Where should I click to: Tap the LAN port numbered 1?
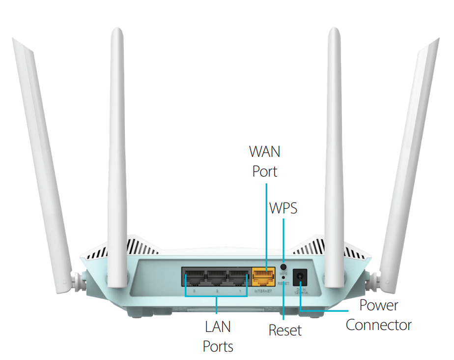click(239, 278)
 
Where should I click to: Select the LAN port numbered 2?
click(216, 278)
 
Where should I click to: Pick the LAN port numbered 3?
click(194, 278)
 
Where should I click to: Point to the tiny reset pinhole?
click(284, 277)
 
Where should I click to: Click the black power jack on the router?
click(299, 279)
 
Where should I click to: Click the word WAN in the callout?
click(265, 151)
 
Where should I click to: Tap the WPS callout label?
click(284, 208)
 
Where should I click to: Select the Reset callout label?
click(285, 330)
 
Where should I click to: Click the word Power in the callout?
click(379, 305)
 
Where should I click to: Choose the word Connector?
click(379, 325)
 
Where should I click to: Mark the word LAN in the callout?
click(218, 326)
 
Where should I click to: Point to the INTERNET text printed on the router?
click(262, 292)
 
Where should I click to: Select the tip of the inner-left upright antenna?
click(116, 30)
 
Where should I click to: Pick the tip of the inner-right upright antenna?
click(334, 30)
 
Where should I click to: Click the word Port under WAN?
click(265, 171)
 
